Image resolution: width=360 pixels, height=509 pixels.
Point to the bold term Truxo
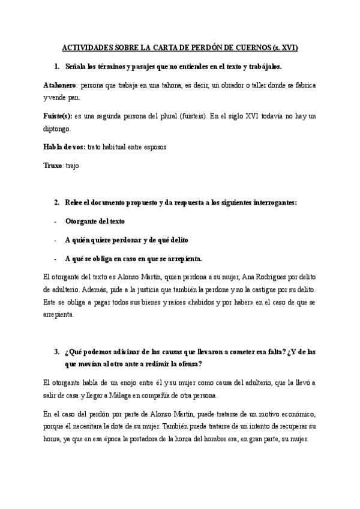pyautogui.click(x=53, y=165)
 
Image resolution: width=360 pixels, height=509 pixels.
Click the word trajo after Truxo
pyautogui.click(x=72, y=165)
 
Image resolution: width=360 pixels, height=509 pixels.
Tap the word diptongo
pyautogui.click(x=58, y=128)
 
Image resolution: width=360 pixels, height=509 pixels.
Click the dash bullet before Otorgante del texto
pyautogui.click(x=55, y=221)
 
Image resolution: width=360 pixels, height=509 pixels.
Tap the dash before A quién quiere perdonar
pyautogui.click(x=55, y=240)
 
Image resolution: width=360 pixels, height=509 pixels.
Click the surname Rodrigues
pyautogui.click(x=262, y=277)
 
